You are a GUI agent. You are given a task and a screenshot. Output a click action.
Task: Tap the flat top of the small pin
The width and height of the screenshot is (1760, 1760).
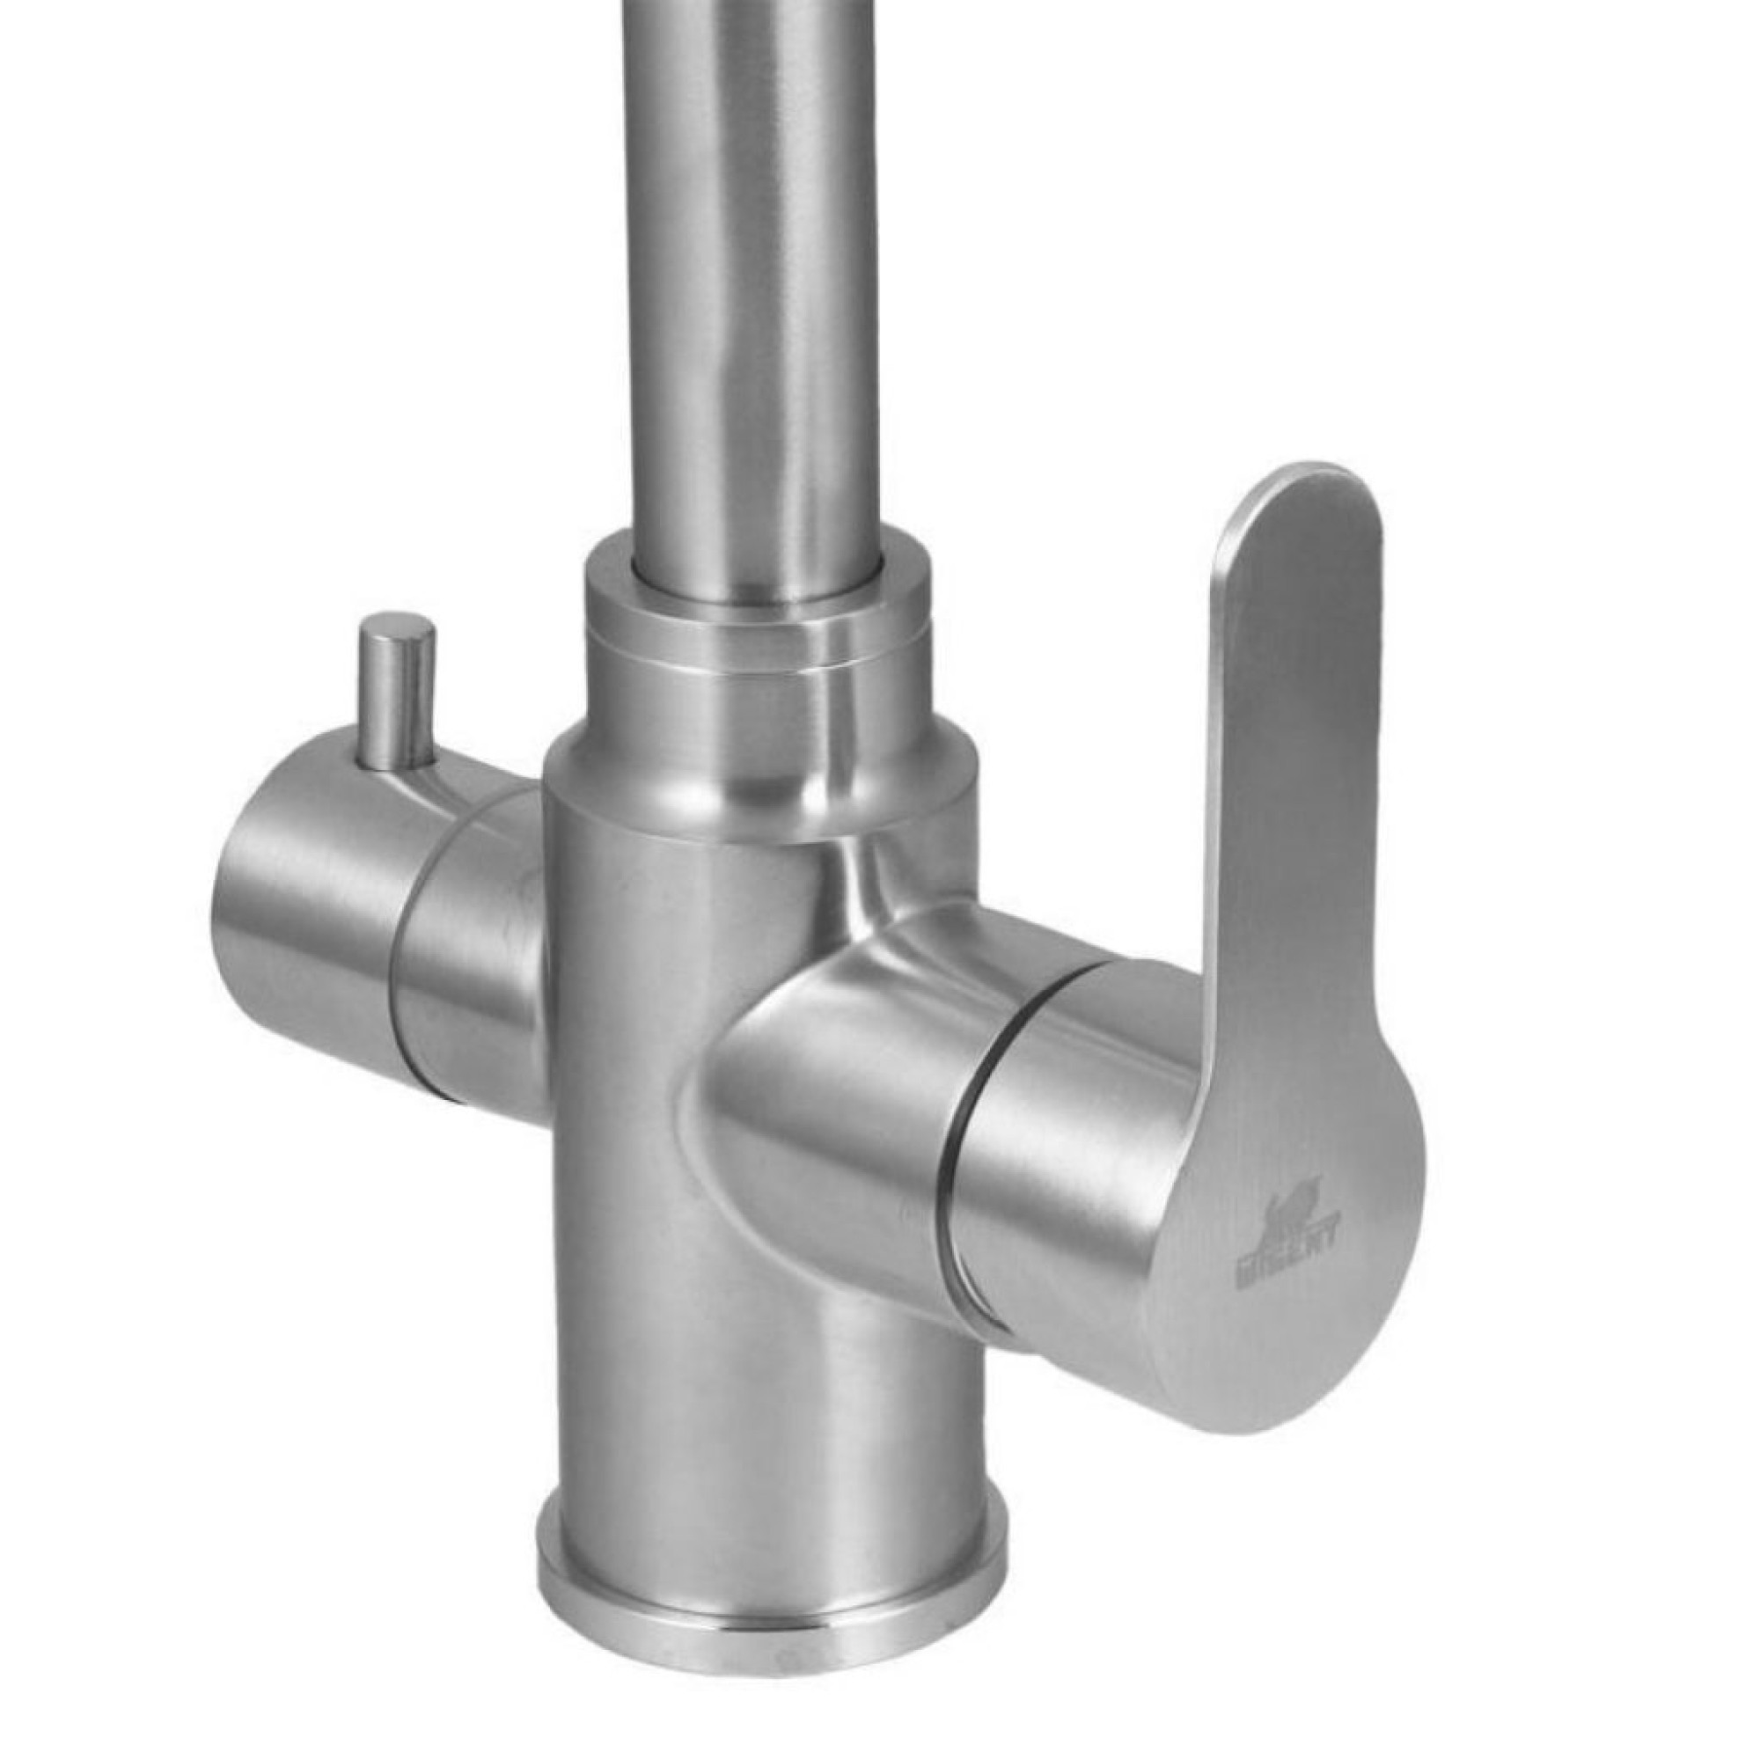point(397,627)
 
